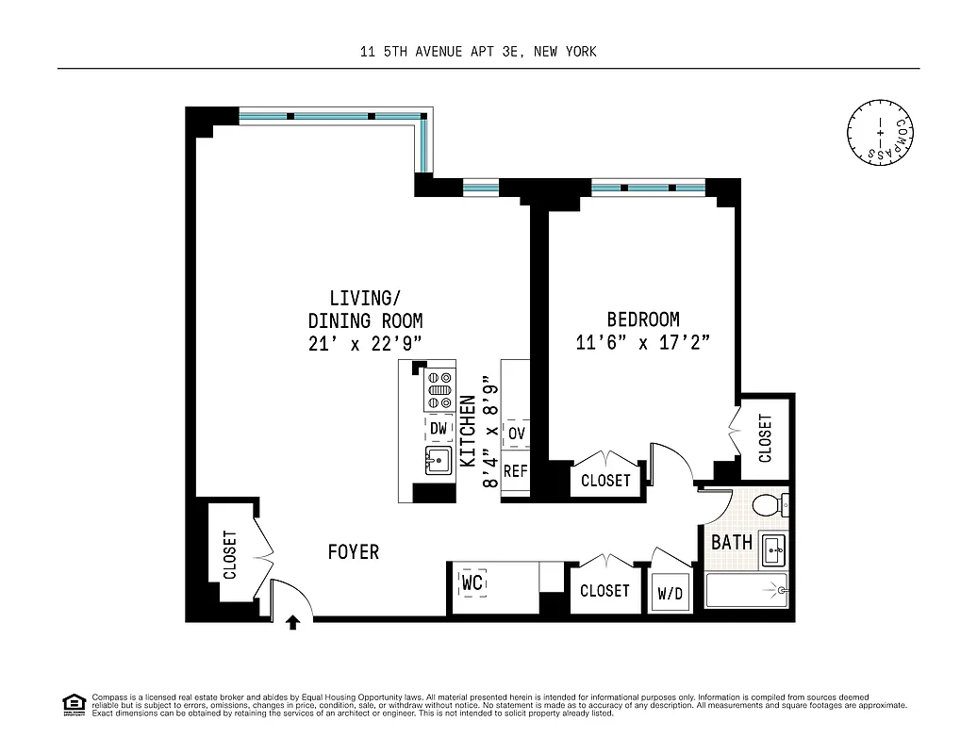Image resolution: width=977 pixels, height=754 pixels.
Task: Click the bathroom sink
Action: pos(773,549)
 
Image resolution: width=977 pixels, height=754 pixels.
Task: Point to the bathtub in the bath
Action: pos(746,592)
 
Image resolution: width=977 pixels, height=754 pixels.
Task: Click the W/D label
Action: pos(671,595)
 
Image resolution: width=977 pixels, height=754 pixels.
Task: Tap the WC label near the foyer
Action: pos(472,584)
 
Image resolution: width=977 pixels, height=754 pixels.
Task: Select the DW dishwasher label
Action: pos(439,429)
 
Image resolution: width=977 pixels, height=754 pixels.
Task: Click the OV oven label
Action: pos(516,433)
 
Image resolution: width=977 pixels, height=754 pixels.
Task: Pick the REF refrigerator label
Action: pos(516,470)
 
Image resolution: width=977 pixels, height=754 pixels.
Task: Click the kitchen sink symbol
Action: pos(439,461)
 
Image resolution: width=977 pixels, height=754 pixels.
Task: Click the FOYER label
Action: pos(354,551)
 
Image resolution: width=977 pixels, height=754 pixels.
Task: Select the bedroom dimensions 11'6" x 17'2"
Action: pos(642,343)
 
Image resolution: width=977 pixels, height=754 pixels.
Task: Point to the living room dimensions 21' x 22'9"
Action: pos(365,344)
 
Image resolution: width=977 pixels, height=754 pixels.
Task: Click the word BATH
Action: pos(731,542)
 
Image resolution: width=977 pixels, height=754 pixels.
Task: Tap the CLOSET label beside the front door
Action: pos(230,555)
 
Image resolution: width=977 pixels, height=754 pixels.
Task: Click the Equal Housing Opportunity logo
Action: pos(73,704)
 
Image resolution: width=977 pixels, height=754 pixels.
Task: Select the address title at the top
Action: pos(478,52)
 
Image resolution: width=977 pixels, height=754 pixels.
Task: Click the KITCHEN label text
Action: pos(467,432)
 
